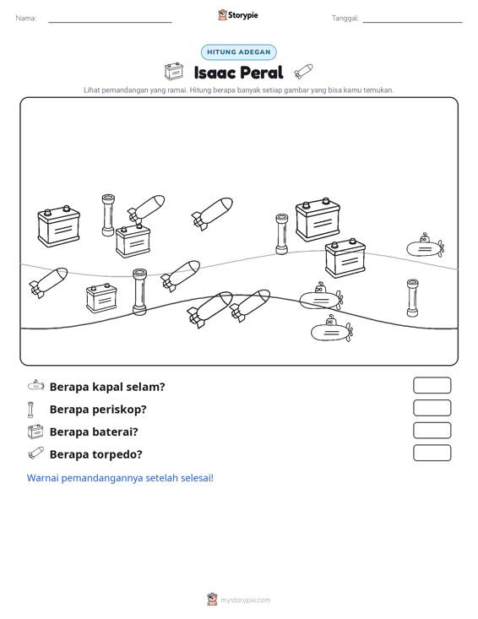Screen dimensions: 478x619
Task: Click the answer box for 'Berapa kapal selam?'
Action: point(432,385)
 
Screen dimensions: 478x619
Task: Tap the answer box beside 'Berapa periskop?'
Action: point(432,408)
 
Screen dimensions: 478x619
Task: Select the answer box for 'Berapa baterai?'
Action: point(432,431)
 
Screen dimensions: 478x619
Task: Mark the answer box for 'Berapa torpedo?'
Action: point(432,453)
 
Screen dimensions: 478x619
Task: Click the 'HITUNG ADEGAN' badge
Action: point(239,52)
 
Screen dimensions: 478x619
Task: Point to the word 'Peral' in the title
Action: point(261,73)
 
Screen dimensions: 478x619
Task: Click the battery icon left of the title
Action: point(174,72)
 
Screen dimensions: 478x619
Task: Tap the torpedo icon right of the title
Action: point(303,72)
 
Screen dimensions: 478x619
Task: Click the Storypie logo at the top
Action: point(238,15)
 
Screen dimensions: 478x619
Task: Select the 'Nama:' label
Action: point(26,19)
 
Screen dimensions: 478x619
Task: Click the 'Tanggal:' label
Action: point(345,19)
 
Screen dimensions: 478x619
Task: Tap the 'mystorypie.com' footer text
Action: point(245,600)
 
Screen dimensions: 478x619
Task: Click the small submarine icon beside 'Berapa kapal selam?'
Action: point(36,385)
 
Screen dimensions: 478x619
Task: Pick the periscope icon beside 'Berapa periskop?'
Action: point(30,410)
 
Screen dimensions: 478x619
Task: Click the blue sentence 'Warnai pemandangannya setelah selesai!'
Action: point(120,478)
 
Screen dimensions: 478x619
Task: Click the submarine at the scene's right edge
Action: point(426,246)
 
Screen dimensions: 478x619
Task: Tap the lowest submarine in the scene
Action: point(332,329)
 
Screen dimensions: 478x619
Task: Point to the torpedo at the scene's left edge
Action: point(48,282)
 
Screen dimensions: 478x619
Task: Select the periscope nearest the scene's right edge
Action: point(412,298)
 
